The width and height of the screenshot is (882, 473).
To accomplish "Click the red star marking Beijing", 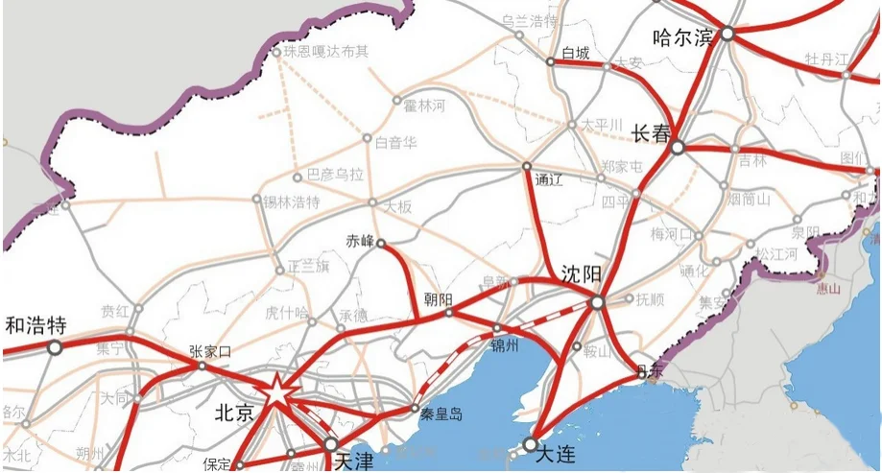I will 276,391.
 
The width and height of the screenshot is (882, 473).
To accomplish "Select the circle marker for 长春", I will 678,148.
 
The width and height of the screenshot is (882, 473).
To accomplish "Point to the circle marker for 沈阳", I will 597,302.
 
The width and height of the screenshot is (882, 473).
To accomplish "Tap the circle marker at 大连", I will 529,444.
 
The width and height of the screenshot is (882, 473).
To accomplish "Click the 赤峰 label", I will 360,241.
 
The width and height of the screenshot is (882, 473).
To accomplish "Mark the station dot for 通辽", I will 527,167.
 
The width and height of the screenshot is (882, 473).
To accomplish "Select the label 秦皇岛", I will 441,414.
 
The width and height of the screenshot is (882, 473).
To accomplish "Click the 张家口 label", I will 210,351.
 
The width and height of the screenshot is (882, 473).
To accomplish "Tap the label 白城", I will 576,53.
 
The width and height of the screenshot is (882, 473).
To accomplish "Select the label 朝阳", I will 438,299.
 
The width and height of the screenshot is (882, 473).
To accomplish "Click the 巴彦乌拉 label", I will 335,175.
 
